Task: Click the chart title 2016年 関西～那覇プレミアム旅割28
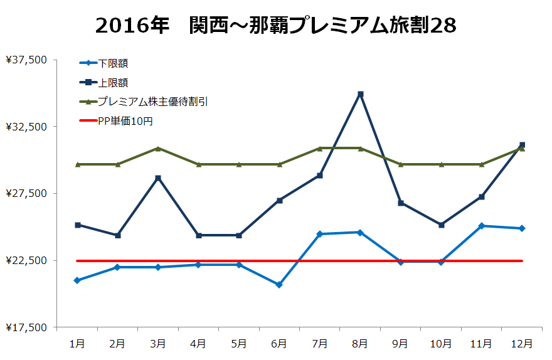pyautogui.click(x=276, y=25)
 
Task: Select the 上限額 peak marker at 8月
pyautogui.click(x=361, y=94)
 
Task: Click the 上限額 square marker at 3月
pyautogui.click(x=158, y=178)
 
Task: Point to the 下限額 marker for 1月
pyautogui.click(x=77, y=280)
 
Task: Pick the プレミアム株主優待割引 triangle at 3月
pyautogui.click(x=158, y=148)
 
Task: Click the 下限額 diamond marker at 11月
pyautogui.click(x=482, y=226)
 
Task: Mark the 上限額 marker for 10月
pyautogui.click(x=442, y=225)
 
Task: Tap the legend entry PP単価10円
pyautogui.click(x=125, y=121)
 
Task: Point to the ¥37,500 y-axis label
pyautogui.click(x=26, y=60)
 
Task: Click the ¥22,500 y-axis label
pyautogui.click(x=26, y=260)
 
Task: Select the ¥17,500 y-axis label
pyautogui.click(x=26, y=327)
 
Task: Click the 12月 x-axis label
pyautogui.click(x=522, y=344)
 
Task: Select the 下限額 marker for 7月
pyautogui.click(x=320, y=234)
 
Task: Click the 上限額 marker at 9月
pyautogui.click(x=401, y=203)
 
